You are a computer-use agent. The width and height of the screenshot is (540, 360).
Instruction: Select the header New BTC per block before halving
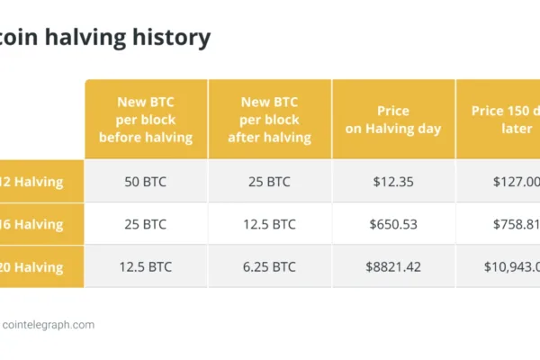146,119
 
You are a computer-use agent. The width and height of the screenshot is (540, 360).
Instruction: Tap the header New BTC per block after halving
269,119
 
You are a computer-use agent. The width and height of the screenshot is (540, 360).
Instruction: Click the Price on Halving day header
393,120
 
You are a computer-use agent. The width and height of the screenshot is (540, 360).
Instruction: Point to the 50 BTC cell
146,181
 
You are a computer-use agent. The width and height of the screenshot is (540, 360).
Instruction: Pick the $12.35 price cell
393,181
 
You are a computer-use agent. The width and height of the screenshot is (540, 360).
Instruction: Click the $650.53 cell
393,224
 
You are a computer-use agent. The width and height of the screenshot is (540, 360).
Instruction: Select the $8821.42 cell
393,266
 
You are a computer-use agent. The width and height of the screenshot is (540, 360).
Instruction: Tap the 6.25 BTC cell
269,266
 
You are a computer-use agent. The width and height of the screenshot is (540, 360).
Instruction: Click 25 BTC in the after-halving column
269,181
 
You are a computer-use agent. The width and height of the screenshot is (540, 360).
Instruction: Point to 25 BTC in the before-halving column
146,224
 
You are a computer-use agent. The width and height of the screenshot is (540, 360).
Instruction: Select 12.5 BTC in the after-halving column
269,224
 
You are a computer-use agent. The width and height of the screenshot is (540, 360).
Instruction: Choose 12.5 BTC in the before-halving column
146,266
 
